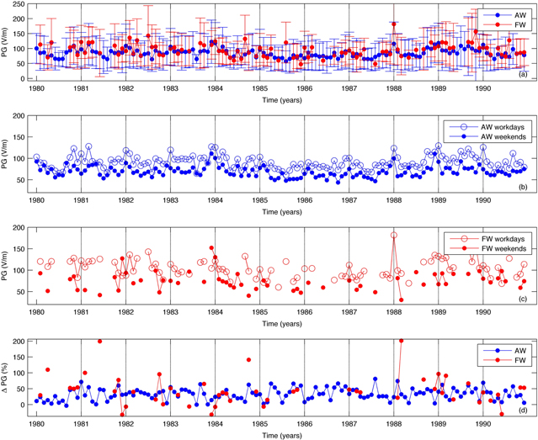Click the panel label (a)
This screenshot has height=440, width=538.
pos(523,75)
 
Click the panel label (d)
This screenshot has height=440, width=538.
pos(523,411)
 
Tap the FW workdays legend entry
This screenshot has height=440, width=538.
pos(490,238)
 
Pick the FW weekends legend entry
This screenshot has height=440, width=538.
pos(490,248)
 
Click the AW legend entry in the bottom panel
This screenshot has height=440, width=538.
pos(506,349)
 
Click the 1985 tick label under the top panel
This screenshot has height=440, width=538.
pos(259,87)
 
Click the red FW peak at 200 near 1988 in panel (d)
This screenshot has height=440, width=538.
pos(400,341)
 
